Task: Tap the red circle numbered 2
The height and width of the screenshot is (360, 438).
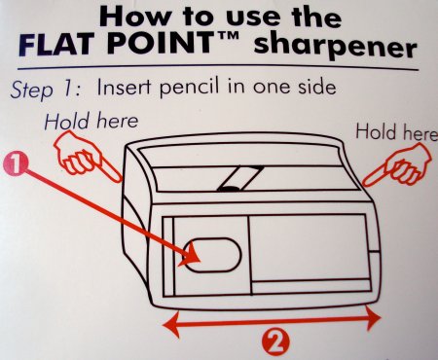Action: (276, 341)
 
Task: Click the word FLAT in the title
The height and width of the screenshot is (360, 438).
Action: (55, 44)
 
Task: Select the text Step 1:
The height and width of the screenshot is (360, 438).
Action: (46, 90)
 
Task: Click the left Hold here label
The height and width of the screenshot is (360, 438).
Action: (91, 122)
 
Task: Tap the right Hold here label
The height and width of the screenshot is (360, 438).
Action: (396, 132)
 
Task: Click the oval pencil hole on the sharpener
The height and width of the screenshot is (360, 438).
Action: (212, 256)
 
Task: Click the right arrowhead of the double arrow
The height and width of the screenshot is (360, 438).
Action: (373, 318)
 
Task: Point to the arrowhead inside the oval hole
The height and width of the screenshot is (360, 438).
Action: (191, 256)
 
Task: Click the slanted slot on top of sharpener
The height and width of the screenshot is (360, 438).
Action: (240, 178)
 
